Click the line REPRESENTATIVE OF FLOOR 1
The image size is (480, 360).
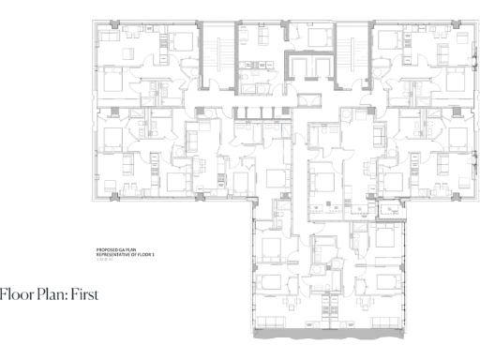124,253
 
